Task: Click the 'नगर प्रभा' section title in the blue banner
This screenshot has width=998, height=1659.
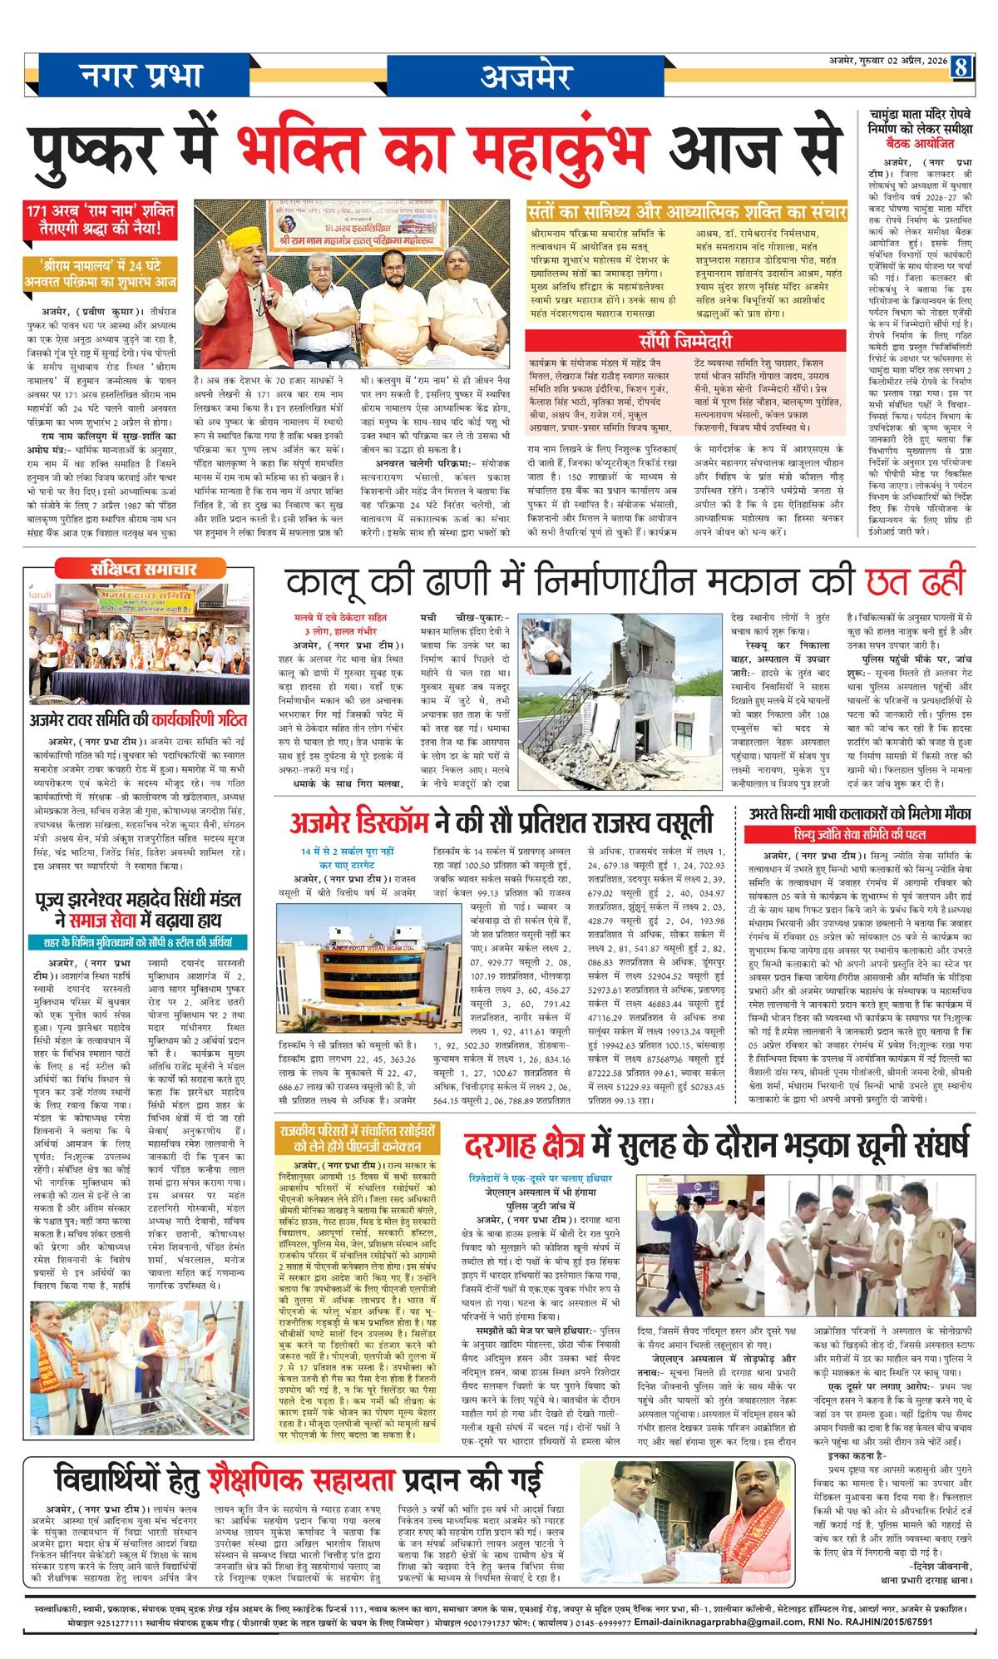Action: point(142,77)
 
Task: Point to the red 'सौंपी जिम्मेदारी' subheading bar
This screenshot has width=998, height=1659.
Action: point(685,341)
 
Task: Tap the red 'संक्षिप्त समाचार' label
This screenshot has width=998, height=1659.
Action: point(143,569)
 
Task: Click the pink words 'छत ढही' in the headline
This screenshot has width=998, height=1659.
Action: point(915,582)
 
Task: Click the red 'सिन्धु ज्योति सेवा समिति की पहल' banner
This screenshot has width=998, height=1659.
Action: point(859,834)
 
